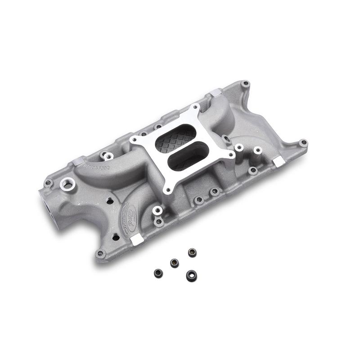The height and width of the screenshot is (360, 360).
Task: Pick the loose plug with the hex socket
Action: pyautogui.click(x=191, y=275)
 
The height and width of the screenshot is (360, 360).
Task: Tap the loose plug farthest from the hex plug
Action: pyautogui.click(x=158, y=273)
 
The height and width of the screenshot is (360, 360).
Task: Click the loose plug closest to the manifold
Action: pyautogui.click(x=192, y=252)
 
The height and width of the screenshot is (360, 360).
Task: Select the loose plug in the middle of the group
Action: pyautogui.click(x=174, y=263)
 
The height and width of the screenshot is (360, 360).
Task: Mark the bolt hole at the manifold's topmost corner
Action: pyautogui.click(x=245, y=84)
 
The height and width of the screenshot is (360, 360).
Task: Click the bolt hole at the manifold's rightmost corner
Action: pyautogui.click(x=303, y=144)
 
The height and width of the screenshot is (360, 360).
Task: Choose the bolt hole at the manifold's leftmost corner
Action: pyautogui.click(x=48, y=184)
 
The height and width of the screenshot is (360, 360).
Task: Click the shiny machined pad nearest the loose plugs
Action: pyautogui.click(x=138, y=240)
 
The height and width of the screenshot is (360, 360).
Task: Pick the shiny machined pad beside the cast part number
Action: pyautogui.click(x=77, y=161)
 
